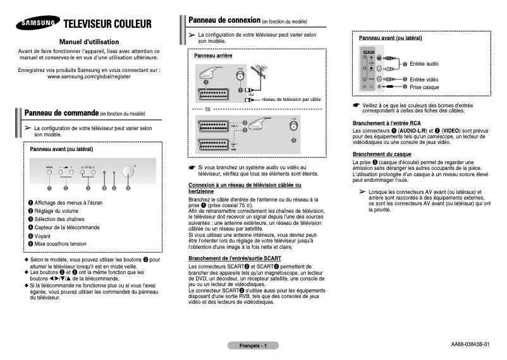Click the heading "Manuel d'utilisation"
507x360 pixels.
(x=89, y=40)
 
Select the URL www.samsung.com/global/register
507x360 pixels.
(x=89, y=76)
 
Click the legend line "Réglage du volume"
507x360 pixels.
(x=57, y=210)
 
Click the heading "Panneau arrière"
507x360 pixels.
(x=213, y=56)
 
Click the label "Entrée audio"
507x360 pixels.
(x=424, y=64)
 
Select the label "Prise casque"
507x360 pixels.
(x=424, y=87)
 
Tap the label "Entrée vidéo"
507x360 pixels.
(x=424, y=79)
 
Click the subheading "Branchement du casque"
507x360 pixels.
(x=382, y=154)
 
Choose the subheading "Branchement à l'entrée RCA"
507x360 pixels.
(x=387, y=123)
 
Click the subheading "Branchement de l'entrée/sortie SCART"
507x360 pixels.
(x=235, y=259)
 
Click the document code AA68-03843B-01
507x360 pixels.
(x=470, y=345)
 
